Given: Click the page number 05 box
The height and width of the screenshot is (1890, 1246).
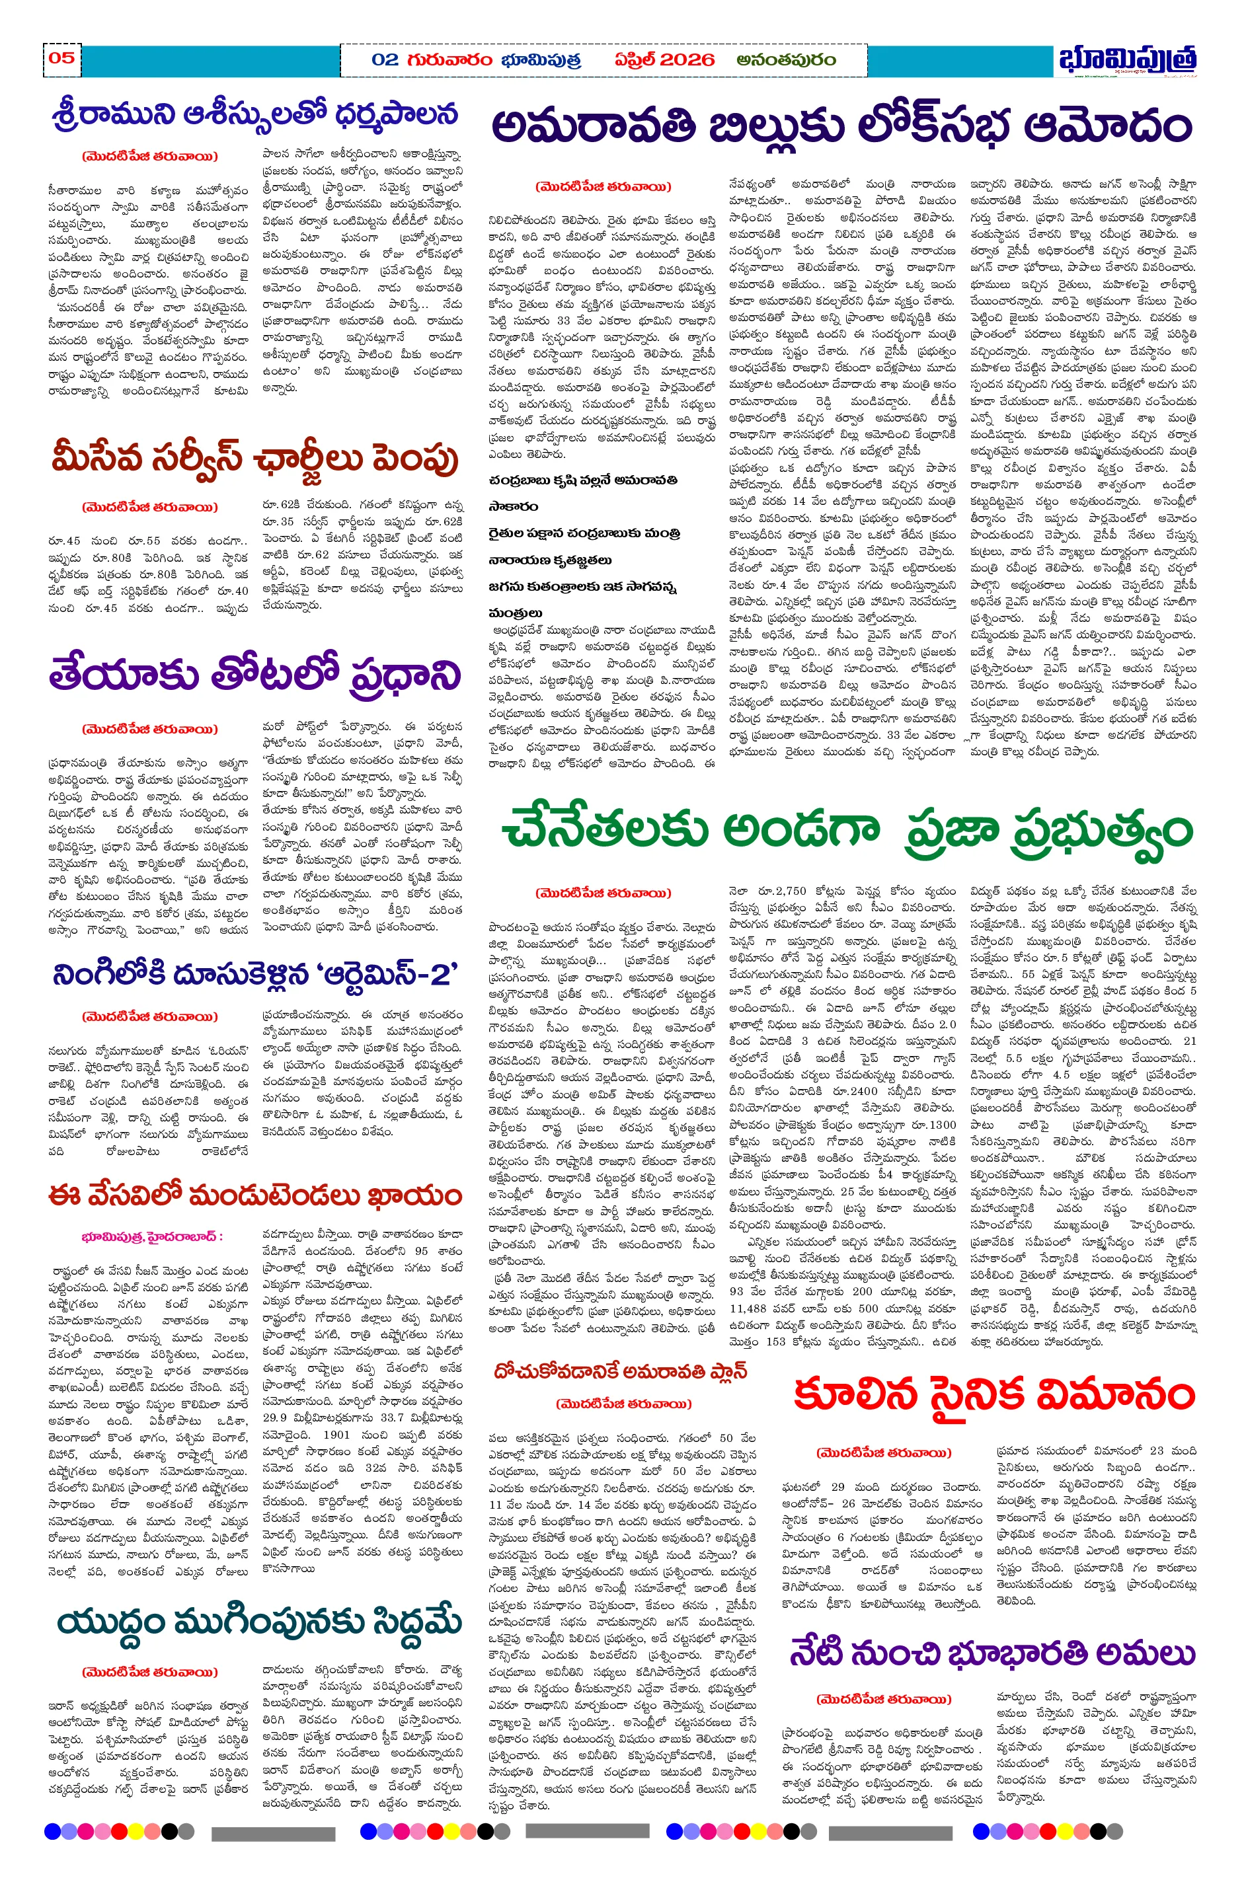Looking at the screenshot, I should (x=61, y=58).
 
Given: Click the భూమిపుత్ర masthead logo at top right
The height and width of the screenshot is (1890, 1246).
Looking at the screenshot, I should (x=1127, y=60).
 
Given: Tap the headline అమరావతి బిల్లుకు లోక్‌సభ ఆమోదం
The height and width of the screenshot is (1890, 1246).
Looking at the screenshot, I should (x=841, y=126).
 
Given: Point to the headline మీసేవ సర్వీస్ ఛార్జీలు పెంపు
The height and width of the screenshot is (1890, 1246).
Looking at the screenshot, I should (x=255, y=459).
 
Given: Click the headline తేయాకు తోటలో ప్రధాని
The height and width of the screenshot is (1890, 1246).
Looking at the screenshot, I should (x=255, y=676).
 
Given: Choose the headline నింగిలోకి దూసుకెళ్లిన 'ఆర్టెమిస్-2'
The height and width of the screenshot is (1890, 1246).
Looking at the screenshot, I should (x=255, y=974).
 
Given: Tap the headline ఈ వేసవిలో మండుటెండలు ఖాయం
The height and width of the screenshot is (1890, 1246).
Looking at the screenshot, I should (x=255, y=1195).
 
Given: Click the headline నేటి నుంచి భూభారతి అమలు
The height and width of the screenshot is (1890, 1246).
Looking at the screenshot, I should (x=992, y=1653).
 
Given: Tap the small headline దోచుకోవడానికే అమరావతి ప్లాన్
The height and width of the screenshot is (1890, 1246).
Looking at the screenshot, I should (x=621, y=1371).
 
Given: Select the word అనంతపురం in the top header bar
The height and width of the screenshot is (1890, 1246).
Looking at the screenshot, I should (x=785, y=60).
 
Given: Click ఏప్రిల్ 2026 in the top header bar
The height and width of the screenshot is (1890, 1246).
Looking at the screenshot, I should (x=664, y=60).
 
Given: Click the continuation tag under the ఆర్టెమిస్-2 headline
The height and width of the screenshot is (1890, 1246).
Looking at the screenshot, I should (x=149, y=1016).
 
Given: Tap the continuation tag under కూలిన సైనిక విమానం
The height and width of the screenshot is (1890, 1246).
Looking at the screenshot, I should (x=884, y=1453).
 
